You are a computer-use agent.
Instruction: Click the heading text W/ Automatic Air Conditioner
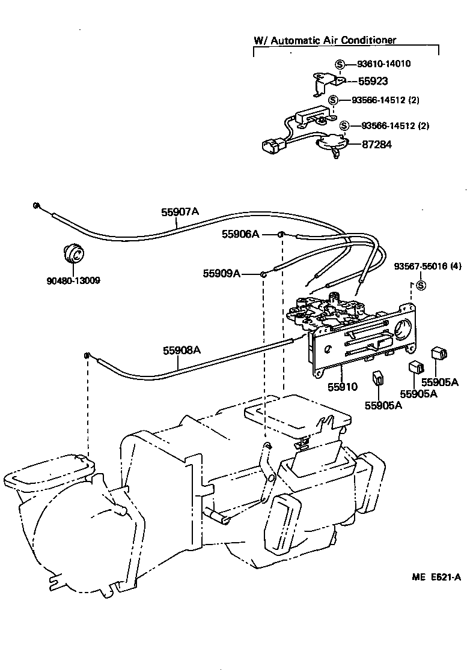pos(325,40)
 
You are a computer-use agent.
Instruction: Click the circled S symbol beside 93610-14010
pos(340,64)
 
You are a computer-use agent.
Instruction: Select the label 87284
pos(377,144)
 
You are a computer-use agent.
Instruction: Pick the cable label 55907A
pos(180,212)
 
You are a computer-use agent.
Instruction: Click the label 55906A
pos(240,234)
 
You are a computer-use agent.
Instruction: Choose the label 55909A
pos(221,274)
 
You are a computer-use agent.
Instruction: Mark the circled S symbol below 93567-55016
pos(421,285)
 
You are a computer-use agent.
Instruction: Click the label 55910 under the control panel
pos(342,387)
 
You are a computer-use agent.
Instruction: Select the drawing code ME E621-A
pos(437,578)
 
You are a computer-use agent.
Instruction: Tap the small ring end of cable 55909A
pos(263,274)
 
